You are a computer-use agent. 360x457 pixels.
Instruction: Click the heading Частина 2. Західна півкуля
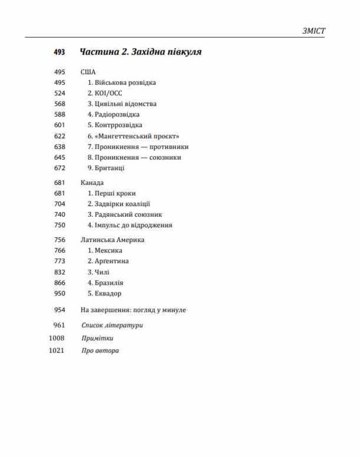[140, 52]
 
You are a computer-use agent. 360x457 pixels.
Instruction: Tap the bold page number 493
[59, 52]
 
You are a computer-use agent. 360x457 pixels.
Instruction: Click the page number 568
[59, 104]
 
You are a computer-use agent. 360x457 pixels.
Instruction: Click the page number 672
[59, 168]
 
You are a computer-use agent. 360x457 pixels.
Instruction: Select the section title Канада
[92, 183]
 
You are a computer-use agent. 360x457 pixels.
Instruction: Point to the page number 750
[59, 225]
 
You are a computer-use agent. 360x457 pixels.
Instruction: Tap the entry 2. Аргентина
[108, 261]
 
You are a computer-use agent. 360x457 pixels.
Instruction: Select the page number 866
[59, 283]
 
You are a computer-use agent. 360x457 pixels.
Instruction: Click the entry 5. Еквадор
[104, 294]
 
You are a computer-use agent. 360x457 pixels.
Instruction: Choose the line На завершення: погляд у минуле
[133, 310]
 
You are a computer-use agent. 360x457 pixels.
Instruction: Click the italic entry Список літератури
[112, 325]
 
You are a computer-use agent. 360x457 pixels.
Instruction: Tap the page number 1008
[56, 338]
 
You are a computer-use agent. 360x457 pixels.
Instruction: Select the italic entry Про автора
[100, 351]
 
